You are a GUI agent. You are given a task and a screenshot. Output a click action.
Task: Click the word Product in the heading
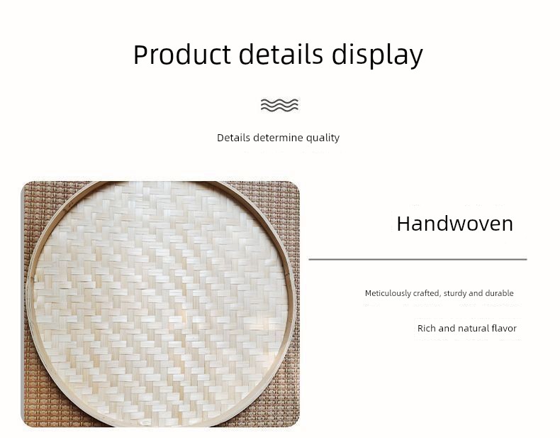pyautogui.click(x=182, y=55)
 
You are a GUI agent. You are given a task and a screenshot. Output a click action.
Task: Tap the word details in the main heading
pyautogui.click(x=281, y=54)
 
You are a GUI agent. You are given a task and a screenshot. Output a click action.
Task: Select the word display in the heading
pyautogui.click(x=377, y=55)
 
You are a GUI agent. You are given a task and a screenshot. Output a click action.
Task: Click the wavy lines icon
pyautogui.click(x=279, y=105)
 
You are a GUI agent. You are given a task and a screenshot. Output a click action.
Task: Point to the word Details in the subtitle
pyautogui.click(x=234, y=138)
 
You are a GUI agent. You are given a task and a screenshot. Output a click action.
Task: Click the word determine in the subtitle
pyautogui.click(x=278, y=138)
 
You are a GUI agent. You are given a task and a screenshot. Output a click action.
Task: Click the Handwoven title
pyautogui.click(x=454, y=224)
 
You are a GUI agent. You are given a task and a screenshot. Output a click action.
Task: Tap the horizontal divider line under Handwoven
pyautogui.click(x=418, y=259)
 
